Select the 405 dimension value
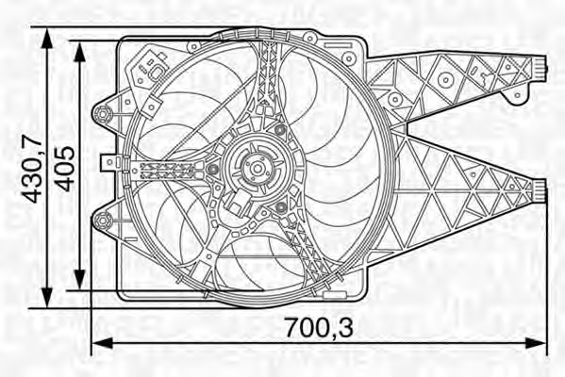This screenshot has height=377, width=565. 65,167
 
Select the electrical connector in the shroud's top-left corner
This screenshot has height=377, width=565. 151,68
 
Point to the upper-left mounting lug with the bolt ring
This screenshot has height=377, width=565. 102,114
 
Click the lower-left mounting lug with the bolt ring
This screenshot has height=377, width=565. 102,221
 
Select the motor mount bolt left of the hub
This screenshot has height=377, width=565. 213,170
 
